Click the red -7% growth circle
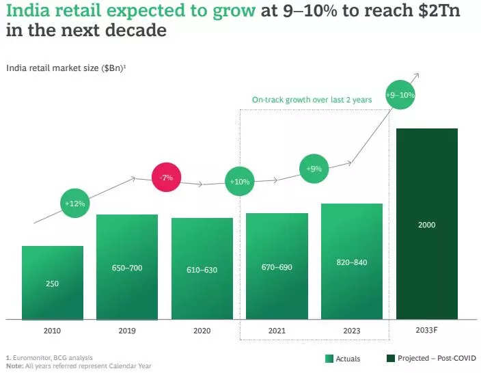click(167, 178)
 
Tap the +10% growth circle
click(240, 182)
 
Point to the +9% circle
click(314, 168)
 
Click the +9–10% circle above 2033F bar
click(400, 95)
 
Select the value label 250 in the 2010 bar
click(52, 283)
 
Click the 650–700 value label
click(127, 268)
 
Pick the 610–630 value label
click(202, 270)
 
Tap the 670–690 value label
click(277, 267)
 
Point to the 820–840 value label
click(352, 262)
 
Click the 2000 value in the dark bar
click(426, 225)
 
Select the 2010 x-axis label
click(52, 331)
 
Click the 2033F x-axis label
click(426, 331)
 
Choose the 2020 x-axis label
click(202, 331)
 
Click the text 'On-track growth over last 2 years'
click(312, 100)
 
